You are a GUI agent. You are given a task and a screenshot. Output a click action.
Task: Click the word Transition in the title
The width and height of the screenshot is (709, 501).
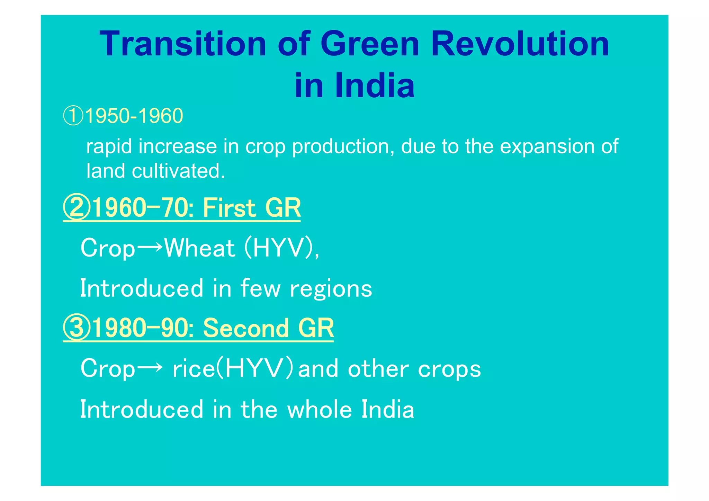[x=183, y=44]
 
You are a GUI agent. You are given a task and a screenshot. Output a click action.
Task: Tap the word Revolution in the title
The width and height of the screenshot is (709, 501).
[x=520, y=44]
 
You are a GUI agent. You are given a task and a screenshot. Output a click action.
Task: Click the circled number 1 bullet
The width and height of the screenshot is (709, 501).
[x=73, y=116]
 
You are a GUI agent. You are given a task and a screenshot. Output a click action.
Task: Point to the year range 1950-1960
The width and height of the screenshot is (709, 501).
[x=134, y=116]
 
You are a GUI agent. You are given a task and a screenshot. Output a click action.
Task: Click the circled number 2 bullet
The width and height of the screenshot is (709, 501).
[x=77, y=208]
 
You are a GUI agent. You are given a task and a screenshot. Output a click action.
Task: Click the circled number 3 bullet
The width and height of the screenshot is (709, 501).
[x=77, y=328]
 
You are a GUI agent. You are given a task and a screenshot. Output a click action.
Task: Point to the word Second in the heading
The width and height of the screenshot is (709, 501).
[x=245, y=328]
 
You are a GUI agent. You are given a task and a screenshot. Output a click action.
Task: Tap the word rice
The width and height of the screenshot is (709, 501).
[x=194, y=369]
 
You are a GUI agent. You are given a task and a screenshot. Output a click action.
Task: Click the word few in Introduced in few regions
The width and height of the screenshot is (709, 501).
[x=260, y=288]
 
